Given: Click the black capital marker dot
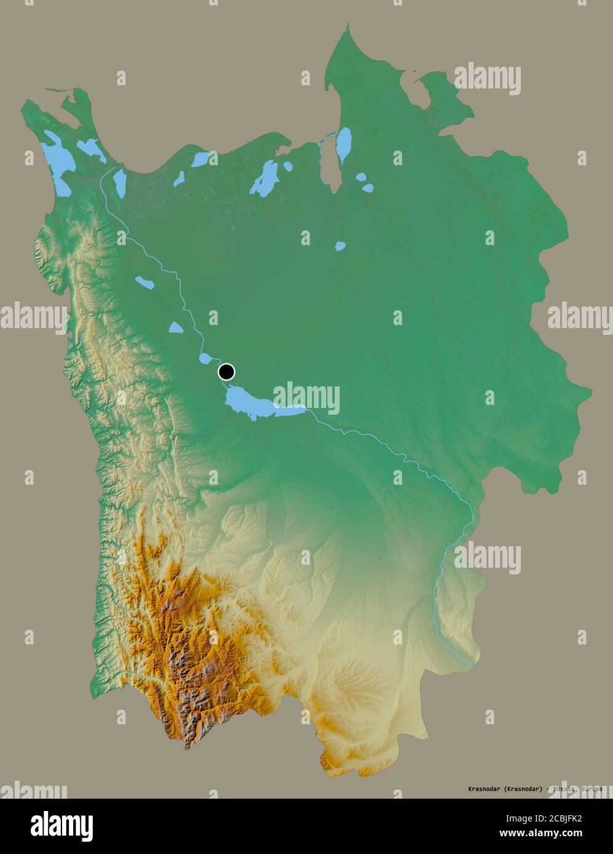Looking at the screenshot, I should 227,371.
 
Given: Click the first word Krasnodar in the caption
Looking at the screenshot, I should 477,788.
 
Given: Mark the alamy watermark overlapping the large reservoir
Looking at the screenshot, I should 306,399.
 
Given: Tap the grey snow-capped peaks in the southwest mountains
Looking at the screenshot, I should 184,676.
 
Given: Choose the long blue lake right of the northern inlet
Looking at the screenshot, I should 345,144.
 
